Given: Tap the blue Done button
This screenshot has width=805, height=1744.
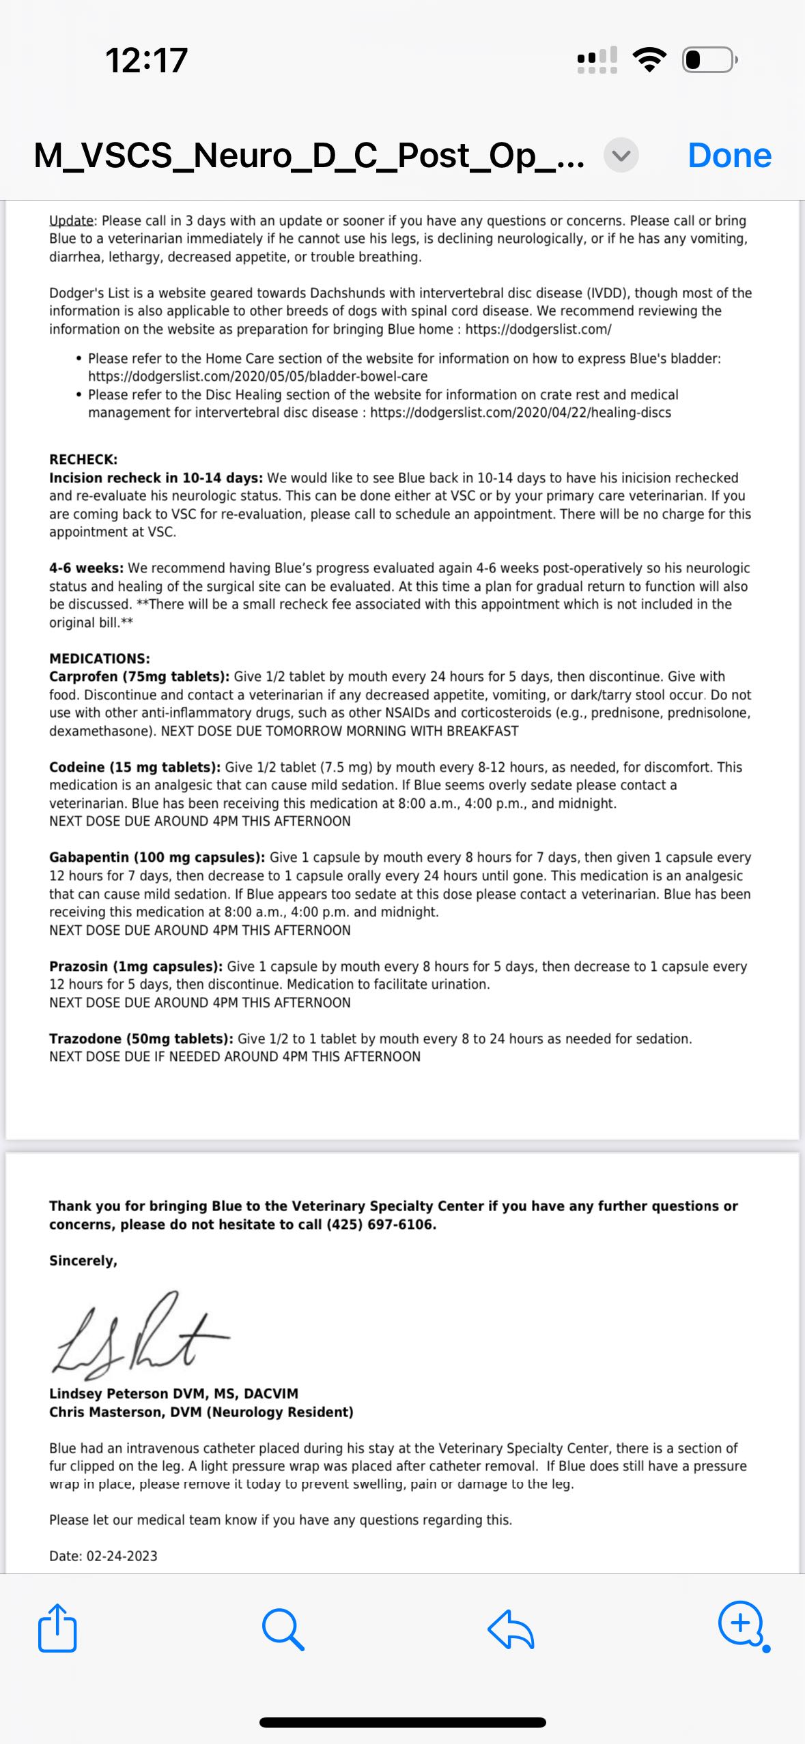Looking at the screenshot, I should click(x=729, y=156).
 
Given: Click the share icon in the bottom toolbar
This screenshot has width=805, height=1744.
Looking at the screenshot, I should click(x=57, y=1628).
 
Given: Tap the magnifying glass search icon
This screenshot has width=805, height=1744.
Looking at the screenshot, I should click(x=283, y=1629).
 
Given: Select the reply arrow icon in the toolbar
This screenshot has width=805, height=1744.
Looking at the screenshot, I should click(x=511, y=1629).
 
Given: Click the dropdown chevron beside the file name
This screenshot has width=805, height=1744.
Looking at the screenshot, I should click(x=621, y=156).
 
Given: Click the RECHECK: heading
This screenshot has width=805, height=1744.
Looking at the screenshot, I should click(x=83, y=459).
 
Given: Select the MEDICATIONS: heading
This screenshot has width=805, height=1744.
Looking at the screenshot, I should click(x=100, y=658).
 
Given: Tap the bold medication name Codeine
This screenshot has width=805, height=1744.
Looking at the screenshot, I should click(x=76, y=767).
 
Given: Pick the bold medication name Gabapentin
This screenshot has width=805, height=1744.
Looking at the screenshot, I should click(x=89, y=857).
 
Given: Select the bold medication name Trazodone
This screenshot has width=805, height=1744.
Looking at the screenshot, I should click(x=85, y=1038).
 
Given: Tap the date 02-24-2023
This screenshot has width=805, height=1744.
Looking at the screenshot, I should click(x=122, y=1556).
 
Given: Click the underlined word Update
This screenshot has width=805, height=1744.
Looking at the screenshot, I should click(x=72, y=220).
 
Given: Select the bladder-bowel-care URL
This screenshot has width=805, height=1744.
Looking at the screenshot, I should click(x=257, y=376).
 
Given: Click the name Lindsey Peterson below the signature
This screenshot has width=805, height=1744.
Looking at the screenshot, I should click(x=109, y=1393).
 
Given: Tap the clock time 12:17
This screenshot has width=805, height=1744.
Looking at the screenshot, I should click(x=146, y=60).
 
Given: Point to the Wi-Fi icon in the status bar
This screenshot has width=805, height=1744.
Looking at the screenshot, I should click(x=649, y=59).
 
